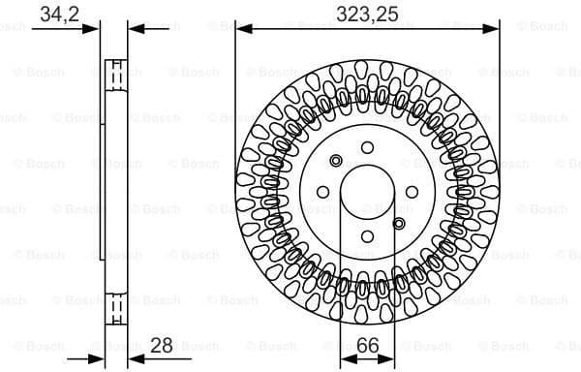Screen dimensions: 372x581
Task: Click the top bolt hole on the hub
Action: tap(367, 147)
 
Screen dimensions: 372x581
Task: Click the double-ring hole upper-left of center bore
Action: tap(336, 161)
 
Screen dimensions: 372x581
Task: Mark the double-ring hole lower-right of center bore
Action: tap(399, 224)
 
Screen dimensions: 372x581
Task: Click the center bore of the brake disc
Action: tap(367, 193)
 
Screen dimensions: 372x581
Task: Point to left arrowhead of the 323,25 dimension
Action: tap(241, 28)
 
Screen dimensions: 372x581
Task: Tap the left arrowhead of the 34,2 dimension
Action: tap(97, 28)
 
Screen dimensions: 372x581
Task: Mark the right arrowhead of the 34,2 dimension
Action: tap(133, 28)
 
